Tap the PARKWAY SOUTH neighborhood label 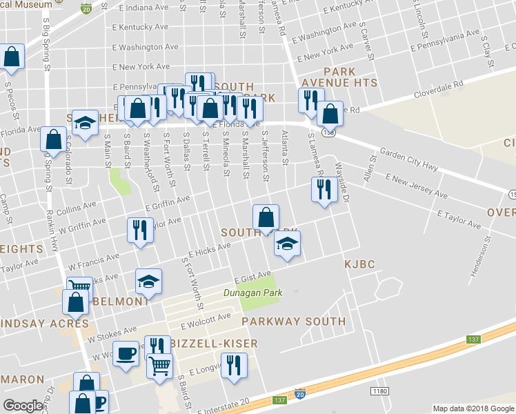point(294,322)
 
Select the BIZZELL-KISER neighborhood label point(215,344)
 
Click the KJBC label point(359,264)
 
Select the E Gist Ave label point(252,277)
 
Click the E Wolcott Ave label point(206,321)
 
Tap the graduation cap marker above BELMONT point(148,282)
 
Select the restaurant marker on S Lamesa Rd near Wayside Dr point(324,188)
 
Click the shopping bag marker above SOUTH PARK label point(266,218)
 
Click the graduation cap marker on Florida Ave point(85,124)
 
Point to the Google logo point(23,406)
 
